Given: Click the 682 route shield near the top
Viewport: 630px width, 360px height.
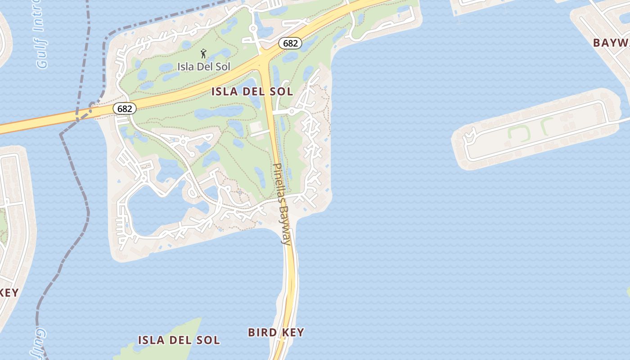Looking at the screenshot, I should [290, 43].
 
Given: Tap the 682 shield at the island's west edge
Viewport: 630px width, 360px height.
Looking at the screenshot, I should [124, 108].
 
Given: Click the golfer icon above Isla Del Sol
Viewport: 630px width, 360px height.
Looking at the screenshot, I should [204, 54].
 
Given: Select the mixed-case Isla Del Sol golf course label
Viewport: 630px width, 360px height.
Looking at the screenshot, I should [204, 67].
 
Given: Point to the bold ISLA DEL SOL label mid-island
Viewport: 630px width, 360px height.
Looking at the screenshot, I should [252, 92].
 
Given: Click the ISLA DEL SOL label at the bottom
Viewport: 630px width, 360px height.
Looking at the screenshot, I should [179, 340].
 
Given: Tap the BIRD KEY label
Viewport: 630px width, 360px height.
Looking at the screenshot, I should [276, 333].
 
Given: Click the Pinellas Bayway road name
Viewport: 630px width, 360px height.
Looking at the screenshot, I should [282, 203].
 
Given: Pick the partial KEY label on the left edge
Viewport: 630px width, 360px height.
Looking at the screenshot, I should [9, 292].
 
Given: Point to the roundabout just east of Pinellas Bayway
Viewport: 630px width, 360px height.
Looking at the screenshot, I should [292, 111].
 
